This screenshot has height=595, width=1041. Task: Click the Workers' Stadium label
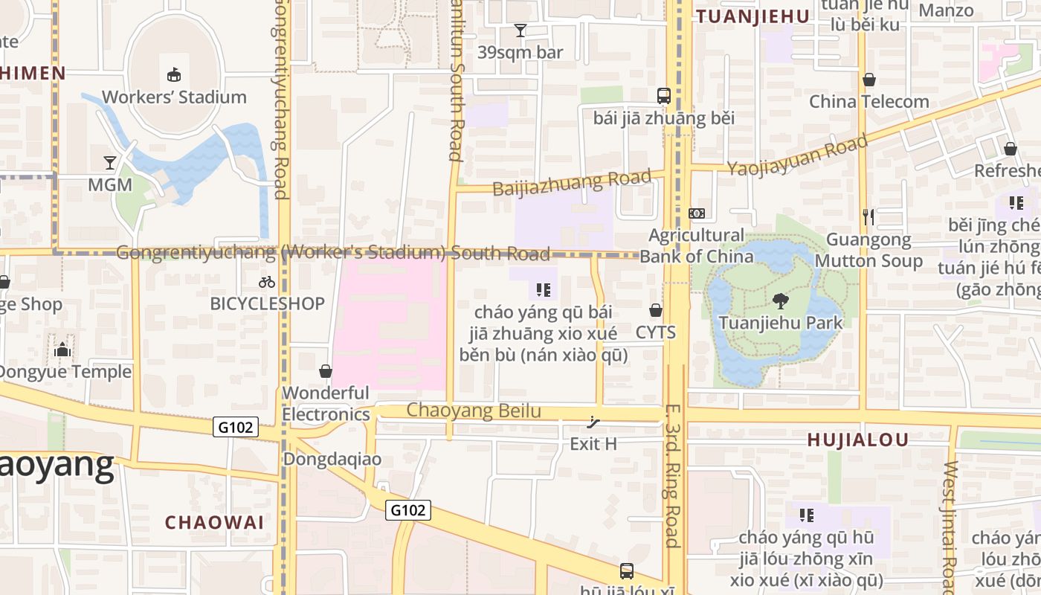174,97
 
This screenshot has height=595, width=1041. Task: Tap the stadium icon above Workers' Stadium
174,74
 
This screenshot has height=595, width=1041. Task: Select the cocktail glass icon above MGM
110,162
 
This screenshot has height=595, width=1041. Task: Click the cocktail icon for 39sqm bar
520,30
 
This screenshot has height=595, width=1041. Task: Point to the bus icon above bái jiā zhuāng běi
663,96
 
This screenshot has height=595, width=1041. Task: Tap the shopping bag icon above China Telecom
868,80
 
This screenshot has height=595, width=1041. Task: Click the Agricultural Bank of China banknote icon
697,213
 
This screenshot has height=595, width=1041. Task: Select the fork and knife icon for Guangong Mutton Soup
868,216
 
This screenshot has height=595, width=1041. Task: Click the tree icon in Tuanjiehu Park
781,301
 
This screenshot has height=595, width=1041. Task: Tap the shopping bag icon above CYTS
656,310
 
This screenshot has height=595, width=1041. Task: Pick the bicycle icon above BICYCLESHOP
267,282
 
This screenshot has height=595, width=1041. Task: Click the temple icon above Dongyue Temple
62,349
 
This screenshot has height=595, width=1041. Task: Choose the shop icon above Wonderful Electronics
326,370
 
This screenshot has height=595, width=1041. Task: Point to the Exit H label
593,444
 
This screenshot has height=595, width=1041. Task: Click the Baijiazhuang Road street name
571,182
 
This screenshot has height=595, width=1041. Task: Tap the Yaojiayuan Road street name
797,155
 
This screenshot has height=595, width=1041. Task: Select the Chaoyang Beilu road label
474,411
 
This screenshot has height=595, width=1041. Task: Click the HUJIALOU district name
858,440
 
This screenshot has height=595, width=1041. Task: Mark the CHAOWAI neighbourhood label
214,522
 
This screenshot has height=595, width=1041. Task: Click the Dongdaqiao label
332,459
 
